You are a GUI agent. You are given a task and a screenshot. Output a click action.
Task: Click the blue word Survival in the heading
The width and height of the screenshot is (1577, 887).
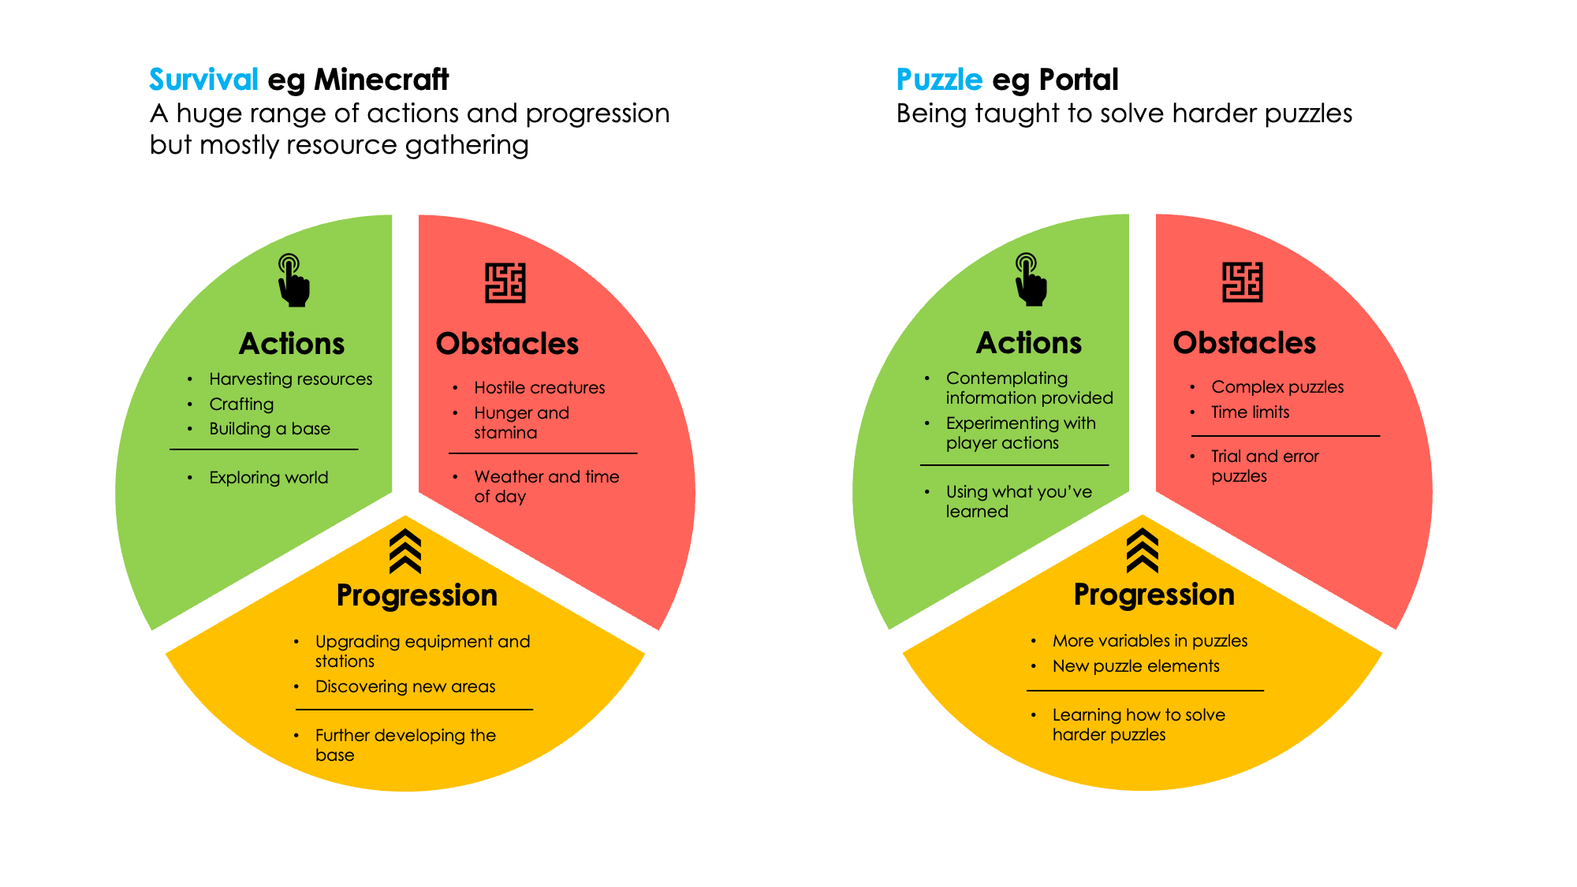click(203, 80)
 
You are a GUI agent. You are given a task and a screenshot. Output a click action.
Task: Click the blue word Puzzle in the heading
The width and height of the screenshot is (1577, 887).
click(939, 80)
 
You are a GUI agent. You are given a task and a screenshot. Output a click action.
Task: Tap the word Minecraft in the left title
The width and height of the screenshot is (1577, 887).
click(382, 80)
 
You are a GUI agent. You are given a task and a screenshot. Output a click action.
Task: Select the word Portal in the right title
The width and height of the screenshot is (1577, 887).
click(1079, 80)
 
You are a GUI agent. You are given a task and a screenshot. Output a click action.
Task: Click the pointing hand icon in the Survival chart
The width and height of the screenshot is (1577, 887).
click(293, 281)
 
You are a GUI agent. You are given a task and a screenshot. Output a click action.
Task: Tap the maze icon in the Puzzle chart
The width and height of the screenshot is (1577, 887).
click(1243, 282)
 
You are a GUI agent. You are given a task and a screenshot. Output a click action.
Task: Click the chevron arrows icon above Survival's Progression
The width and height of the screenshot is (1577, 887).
click(405, 551)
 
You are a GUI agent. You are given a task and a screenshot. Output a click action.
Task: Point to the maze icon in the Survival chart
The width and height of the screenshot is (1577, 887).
click(505, 283)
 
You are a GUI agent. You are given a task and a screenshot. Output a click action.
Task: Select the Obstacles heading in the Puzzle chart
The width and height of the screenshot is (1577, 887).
click(1244, 343)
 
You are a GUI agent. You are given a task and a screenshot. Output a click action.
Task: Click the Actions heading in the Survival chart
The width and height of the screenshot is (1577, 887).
click(292, 344)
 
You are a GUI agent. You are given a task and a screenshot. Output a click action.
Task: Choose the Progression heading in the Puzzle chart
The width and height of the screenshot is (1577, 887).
click(1154, 594)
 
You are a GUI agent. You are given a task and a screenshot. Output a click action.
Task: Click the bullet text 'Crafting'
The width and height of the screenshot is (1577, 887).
click(241, 404)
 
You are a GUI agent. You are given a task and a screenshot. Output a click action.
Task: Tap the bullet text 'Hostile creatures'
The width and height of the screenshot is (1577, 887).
click(539, 388)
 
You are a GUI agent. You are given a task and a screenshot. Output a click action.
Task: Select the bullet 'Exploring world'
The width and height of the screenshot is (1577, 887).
click(269, 478)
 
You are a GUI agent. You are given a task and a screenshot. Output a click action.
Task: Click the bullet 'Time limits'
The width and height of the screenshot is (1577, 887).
click(1251, 412)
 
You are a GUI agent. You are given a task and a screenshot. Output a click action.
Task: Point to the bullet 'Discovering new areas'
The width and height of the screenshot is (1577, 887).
click(405, 687)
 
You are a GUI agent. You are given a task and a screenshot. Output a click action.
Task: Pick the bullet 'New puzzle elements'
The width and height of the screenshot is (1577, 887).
click(1136, 666)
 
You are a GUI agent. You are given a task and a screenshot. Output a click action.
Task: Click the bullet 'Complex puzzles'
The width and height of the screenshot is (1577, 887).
click(1277, 387)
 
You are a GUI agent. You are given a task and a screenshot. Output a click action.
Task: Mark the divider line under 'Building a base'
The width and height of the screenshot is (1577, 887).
click(264, 449)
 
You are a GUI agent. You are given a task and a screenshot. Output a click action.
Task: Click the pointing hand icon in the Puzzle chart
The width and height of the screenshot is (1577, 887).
click(1031, 280)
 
